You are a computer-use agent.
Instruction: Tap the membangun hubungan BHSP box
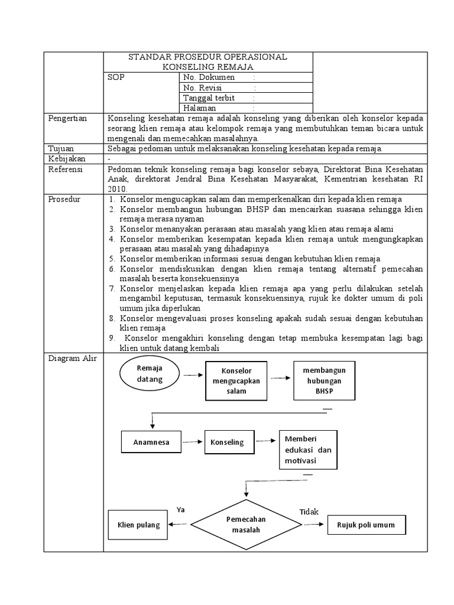(323, 380)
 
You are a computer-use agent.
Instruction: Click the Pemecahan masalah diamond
(246, 524)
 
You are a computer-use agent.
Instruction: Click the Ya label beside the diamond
(180, 509)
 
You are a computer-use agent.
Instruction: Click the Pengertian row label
(67, 119)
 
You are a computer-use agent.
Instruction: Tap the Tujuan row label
(61, 148)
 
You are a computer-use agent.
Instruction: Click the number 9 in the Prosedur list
(111, 338)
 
